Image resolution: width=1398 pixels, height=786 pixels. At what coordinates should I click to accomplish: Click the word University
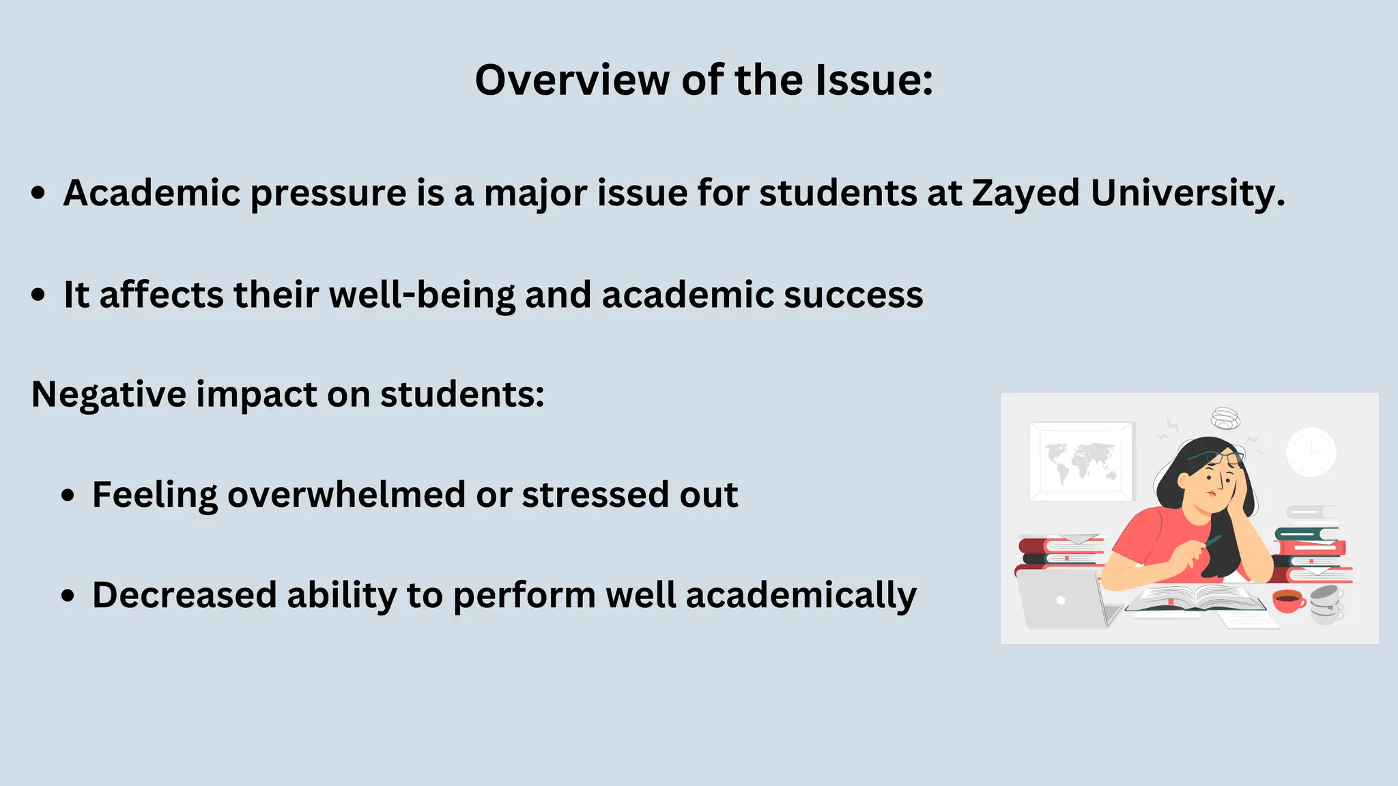pyautogui.click(x=1188, y=194)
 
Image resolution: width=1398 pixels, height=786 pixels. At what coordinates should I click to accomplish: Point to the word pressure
pyautogui.click(x=328, y=194)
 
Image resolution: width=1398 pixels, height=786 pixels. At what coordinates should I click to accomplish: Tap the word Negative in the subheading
pyautogui.click(x=108, y=394)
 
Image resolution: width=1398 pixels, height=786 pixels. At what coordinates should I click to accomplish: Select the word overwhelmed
pyautogui.click(x=347, y=495)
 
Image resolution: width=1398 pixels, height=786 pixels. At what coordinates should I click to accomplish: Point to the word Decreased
pyautogui.click(x=184, y=595)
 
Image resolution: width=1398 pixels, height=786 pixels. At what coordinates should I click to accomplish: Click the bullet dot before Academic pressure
pyautogui.click(x=39, y=194)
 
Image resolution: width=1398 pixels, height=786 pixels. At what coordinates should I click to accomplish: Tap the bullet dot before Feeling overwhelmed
pyautogui.click(x=68, y=496)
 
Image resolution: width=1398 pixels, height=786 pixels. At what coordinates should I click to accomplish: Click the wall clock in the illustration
pyautogui.click(x=1311, y=452)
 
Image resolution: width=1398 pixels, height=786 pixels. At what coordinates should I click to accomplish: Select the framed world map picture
pyautogui.click(x=1081, y=461)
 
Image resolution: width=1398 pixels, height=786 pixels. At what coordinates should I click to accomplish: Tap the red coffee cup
pyautogui.click(x=1288, y=600)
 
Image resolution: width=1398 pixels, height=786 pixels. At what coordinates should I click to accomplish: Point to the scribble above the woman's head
pyautogui.click(x=1226, y=418)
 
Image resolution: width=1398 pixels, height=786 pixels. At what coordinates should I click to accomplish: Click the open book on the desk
pyautogui.click(x=1195, y=598)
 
